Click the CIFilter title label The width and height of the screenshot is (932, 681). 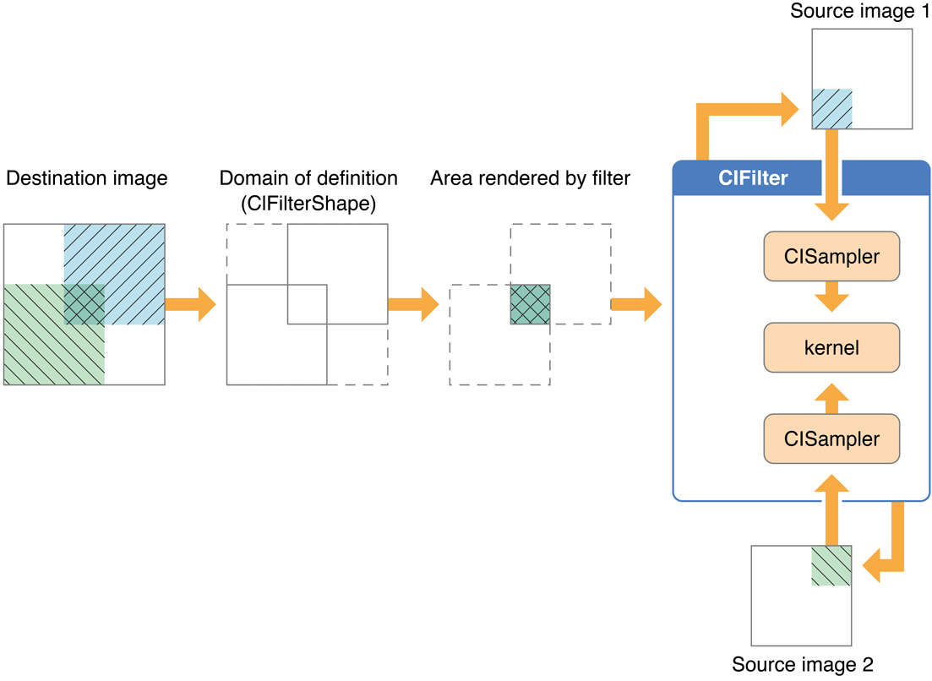tap(753, 179)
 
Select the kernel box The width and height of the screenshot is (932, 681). tap(831, 347)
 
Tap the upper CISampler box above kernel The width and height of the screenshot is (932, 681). tap(831, 256)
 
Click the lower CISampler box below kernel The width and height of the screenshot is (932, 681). tap(831, 439)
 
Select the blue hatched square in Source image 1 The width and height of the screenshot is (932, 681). tap(831, 109)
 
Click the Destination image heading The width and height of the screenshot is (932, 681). tap(86, 178)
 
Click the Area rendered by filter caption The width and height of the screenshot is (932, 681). tap(530, 178)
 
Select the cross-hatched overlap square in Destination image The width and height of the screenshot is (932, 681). tap(84, 304)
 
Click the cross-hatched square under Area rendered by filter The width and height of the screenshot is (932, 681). tap(530, 304)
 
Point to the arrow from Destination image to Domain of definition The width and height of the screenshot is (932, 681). tap(191, 304)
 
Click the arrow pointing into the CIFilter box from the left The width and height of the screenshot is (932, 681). tap(636, 304)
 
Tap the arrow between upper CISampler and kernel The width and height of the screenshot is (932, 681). tap(831, 301)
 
